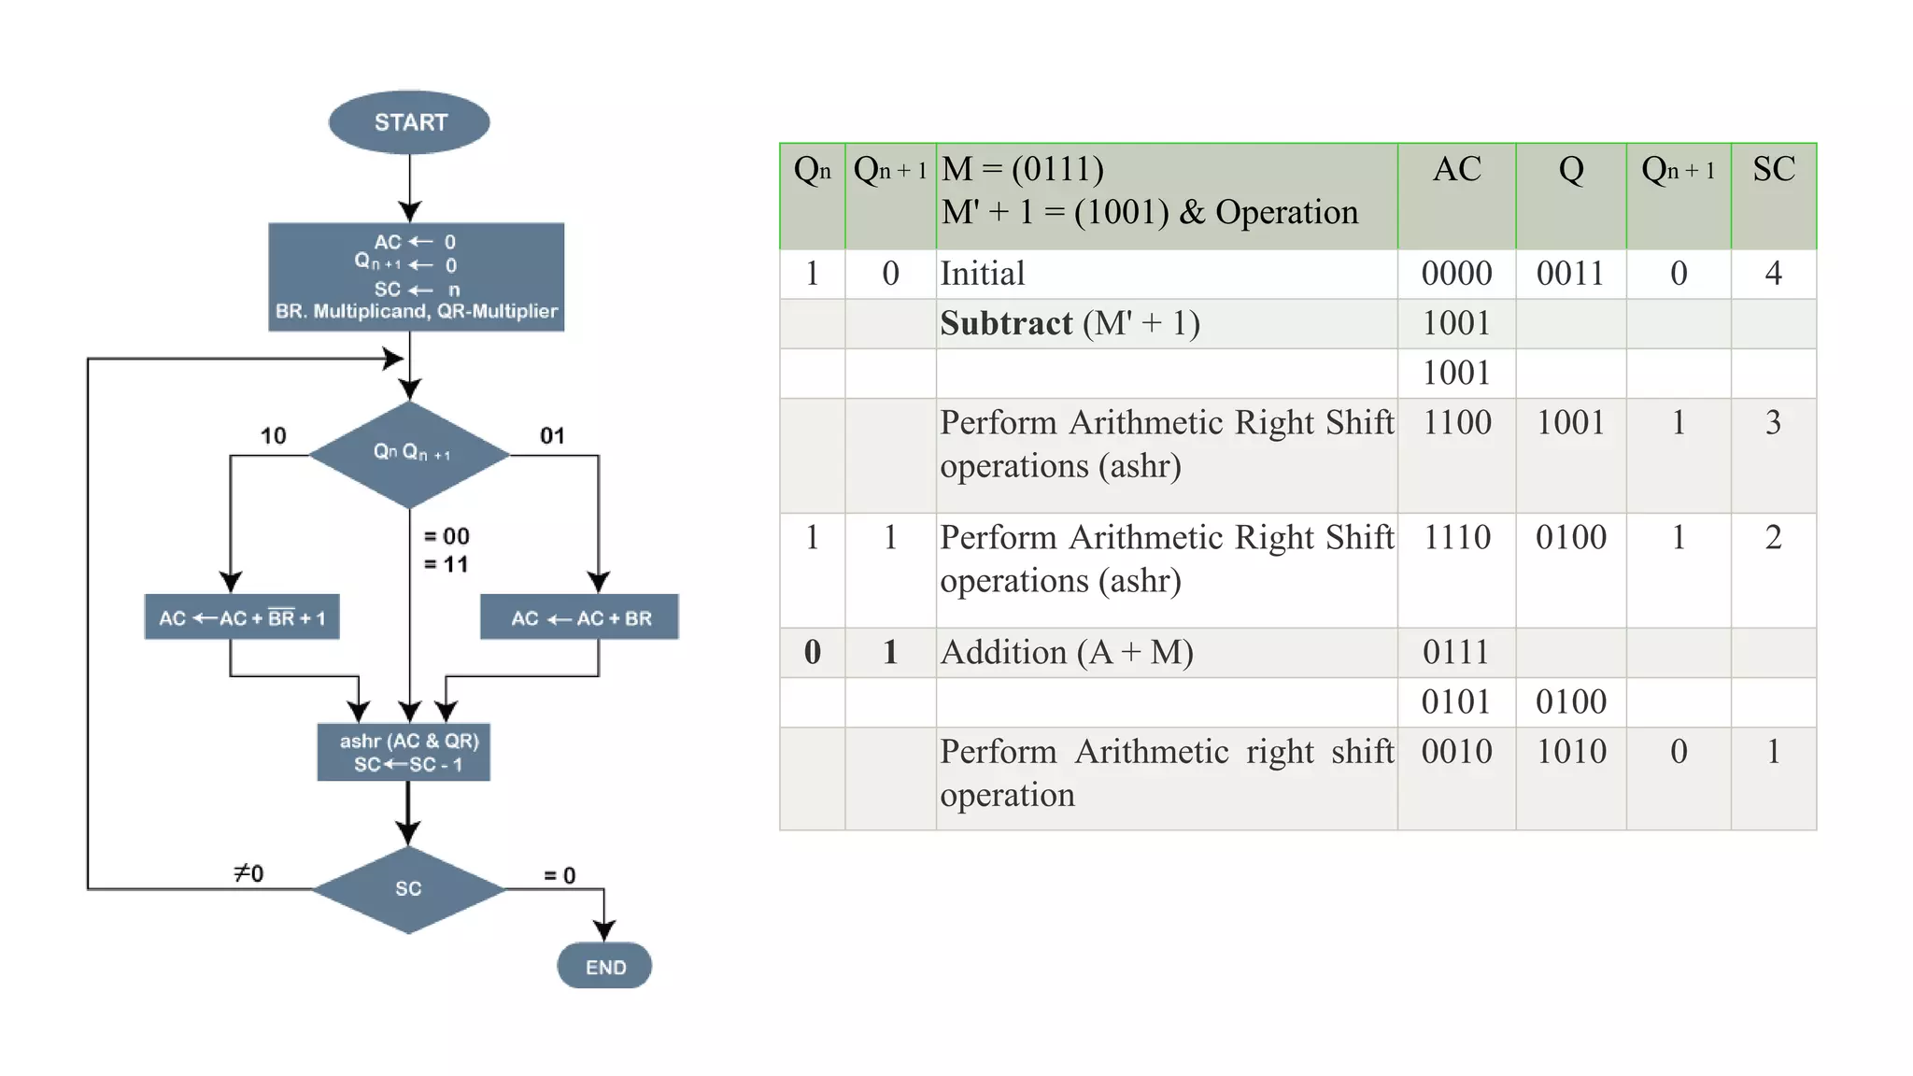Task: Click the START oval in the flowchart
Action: pyautogui.click(x=409, y=122)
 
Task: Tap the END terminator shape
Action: pyautogui.click(x=604, y=967)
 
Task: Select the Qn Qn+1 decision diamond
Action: pyautogui.click(x=410, y=454)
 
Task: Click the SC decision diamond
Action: pyautogui.click(x=408, y=889)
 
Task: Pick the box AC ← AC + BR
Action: pyautogui.click(x=579, y=617)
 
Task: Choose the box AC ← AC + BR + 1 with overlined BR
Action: pyautogui.click(x=242, y=617)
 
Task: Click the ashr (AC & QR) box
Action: pyautogui.click(x=404, y=752)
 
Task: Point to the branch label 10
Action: pyautogui.click(x=273, y=436)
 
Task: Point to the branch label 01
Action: pyautogui.click(x=552, y=436)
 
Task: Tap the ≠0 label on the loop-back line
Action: pyautogui.click(x=248, y=873)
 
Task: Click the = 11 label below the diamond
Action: pyautogui.click(x=446, y=564)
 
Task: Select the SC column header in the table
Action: pyautogui.click(x=1773, y=170)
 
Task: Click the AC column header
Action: pyautogui.click(x=1456, y=170)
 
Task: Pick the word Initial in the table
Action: pyautogui.click(x=982, y=274)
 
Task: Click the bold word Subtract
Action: pyautogui.click(x=1006, y=323)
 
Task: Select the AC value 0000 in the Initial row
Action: pyautogui.click(x=1456, y=274)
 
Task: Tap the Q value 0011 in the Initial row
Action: pyautogui.click(x=1570, y=274)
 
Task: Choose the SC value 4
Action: pyautogui.click(x=1773, y=274)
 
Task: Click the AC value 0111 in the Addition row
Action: pyautogui.click(x=1456, y=652)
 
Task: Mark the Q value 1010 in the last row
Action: pyautogui.click(x=1571, y=752)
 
